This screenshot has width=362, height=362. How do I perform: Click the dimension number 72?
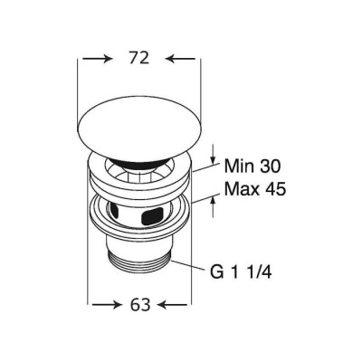pyautogui.click(x=139, y=58)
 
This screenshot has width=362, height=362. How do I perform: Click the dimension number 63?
pyautogui.click(x=140, y=305)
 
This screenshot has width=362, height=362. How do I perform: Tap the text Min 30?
pyautogui.click(x=252, y=167)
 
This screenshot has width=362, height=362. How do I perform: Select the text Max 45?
pyautogui.click(x=255, y=189)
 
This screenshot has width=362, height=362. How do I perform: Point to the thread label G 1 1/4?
pyautogui.click(x=241, y=272)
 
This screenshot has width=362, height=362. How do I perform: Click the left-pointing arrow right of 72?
pyautogui.click(x=181, y=59)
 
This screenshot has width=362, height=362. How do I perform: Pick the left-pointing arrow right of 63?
pyautogui.click(x=173, y=306)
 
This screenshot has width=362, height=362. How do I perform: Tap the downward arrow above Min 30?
pyautogui.click(x=214, y=154)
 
